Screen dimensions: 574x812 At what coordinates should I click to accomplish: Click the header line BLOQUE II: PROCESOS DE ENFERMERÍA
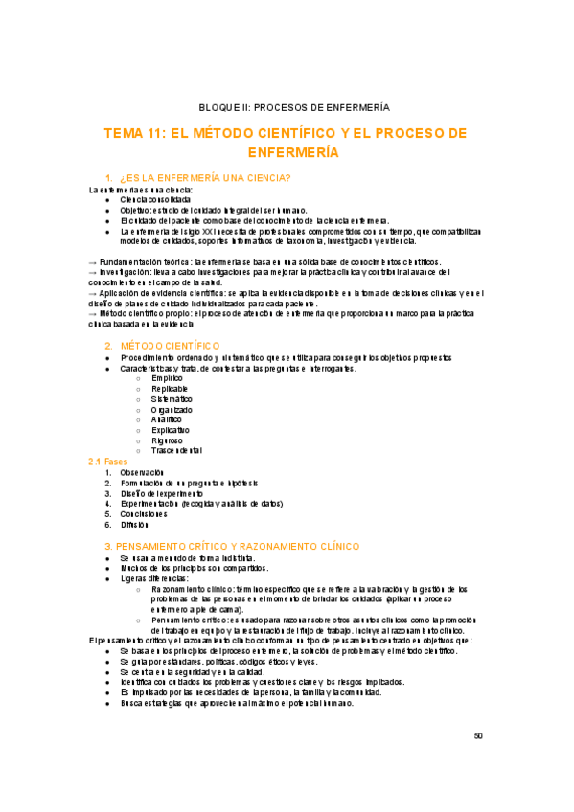[287, 108]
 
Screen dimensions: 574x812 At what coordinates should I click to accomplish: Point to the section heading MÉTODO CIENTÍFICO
[170, 345]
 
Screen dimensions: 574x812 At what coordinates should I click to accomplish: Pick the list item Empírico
[167, 378]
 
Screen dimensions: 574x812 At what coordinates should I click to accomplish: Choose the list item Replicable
[170, 389]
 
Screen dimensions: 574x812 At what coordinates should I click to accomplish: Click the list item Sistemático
[172, 399]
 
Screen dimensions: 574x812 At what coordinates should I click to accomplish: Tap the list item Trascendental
[176, 451]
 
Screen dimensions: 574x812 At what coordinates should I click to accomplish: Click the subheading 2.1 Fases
[107, 462]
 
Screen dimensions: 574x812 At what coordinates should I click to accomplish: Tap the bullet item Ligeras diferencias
[155, 578]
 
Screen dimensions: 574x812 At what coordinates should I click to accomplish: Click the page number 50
[479, 736]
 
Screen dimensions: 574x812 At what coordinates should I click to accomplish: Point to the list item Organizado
[171, 410]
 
